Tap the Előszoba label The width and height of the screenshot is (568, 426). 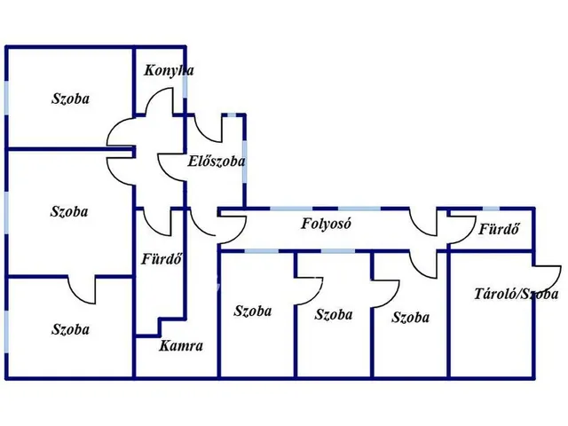217,162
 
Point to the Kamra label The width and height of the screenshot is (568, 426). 181,347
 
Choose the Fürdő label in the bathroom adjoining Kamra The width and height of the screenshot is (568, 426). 162,260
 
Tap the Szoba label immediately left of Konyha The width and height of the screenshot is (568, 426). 70,99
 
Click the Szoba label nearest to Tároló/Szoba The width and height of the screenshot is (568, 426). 410,317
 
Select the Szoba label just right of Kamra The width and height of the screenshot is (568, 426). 253,311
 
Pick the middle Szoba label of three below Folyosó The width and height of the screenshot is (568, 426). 334,314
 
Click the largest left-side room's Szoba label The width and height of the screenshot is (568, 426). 68,211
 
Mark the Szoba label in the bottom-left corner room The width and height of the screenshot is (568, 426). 70,329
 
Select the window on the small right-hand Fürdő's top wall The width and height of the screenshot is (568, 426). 491,210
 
